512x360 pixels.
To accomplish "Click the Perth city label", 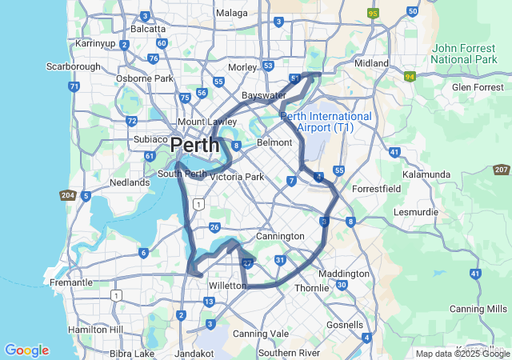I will pyautogui.click(x=194, y=146).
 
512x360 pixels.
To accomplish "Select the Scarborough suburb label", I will pyautogui.click(x=73, y=66).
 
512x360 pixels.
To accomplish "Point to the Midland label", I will pyautogui.click(x=371, y=63).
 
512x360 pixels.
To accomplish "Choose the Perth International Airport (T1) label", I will pyautogui.click(x=326, y=122).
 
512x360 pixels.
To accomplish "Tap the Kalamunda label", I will pyautogui.click(x=426, y=173).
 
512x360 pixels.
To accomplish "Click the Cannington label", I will pyautogui.click(x=280, y=237).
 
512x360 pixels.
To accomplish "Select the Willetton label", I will pyautogui.click(x=227, y=285).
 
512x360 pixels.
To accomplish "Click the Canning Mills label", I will pyautogui.click(x=478, y=309).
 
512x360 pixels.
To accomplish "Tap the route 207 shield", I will pyautogui.click(x=502, y=170).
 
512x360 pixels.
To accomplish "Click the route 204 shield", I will pyautogui.click(x=67, y=195).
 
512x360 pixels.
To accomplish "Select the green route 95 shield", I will pyautogui.click(x=372, y=13).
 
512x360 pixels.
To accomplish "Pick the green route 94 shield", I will pyautogui.click(x=410, y=77).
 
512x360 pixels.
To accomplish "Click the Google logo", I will pyautogui.click(x=26, y=350).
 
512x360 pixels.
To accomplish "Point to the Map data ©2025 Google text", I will pyautogui.click(x=462, y=354).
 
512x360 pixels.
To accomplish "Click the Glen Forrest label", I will pyautogui.click(x=477, y=86).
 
